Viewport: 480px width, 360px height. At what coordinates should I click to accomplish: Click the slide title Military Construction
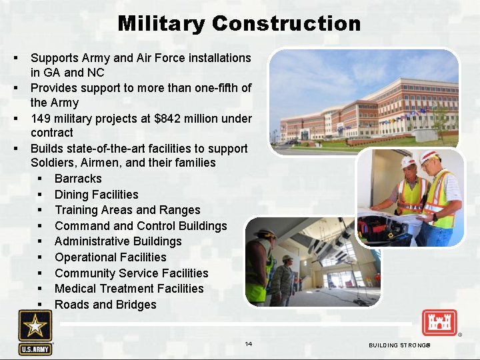pos(239,24)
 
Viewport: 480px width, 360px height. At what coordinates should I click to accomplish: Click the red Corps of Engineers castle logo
pos(439,323)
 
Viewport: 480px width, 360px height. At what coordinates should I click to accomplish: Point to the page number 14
pos(248,344)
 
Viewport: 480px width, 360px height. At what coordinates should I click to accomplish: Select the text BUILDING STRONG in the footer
pos(399,345)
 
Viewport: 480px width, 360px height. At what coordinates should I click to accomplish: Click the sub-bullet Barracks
pos(78,179)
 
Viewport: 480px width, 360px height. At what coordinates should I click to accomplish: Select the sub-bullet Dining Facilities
pos(96,195)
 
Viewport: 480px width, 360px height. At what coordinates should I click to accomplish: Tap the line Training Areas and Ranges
pos(127,210)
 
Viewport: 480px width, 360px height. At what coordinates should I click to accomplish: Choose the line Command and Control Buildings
pos(141,226)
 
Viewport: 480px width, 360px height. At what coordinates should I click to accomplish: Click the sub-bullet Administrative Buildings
pos(118,241)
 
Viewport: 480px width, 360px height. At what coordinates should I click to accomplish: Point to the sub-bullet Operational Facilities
pos(110,257)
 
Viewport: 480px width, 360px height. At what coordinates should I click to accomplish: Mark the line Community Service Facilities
pos(131,273)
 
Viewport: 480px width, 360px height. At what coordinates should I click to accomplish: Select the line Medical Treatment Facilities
pos(129,289)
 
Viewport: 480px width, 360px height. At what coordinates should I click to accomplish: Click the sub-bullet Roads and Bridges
pos(105,305)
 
